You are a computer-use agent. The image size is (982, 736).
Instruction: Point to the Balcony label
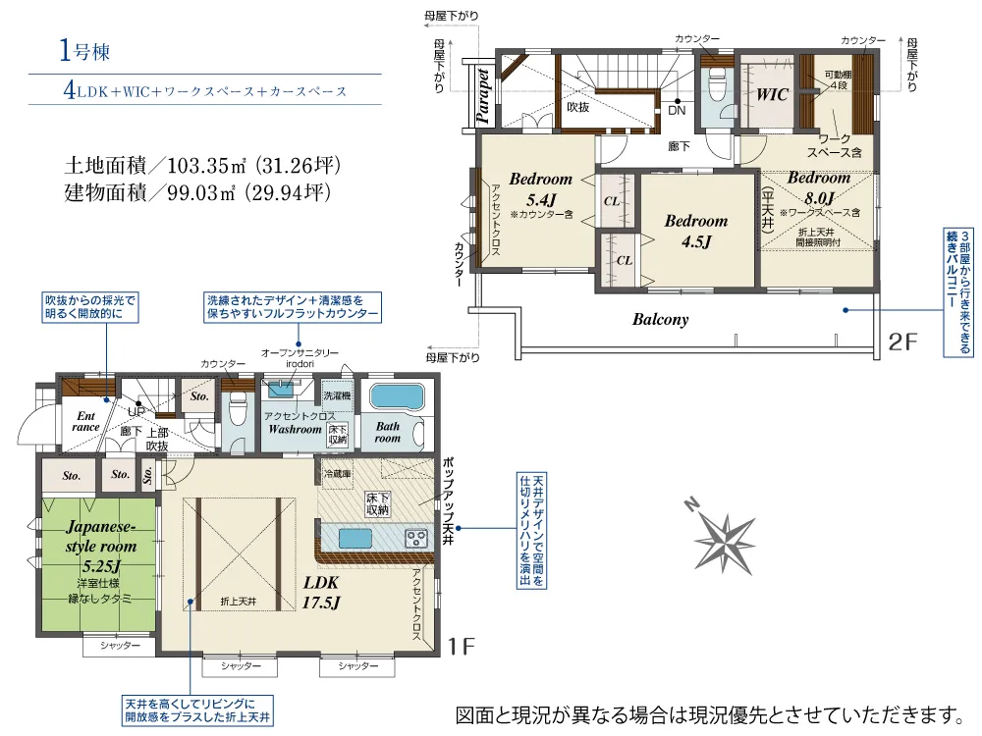(660, 319)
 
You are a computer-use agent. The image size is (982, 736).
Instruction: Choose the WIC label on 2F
(773, 95)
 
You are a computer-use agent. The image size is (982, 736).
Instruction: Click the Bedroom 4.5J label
(696, 231)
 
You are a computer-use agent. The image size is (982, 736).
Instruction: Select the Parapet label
(483, 95)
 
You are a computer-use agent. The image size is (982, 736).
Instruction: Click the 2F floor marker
(901, 342)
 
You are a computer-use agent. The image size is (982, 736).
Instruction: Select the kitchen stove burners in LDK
(416, 538)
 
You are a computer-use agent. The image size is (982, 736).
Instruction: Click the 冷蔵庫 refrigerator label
(336, 474)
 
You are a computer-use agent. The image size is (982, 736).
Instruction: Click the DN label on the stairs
(677, 111)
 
